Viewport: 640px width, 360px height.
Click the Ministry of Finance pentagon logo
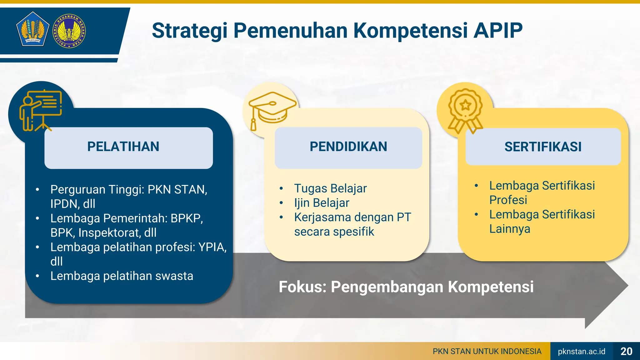[x=32, y=29]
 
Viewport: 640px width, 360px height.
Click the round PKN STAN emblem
[x=69, y=31]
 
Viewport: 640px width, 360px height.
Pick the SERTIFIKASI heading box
[x=543, y=147]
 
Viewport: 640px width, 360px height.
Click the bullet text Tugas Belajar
[x=330, y=188]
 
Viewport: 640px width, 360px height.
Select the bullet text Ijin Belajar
[x=322, y=203]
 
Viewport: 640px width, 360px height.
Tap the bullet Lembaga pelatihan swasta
[x=122, y=276]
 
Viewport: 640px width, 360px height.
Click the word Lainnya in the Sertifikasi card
[x=510, y=229]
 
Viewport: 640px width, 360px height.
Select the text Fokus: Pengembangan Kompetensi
[x=406, y=287]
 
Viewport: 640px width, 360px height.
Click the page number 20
[x=626, y=351]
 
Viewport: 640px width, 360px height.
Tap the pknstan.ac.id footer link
[x=581, y=351]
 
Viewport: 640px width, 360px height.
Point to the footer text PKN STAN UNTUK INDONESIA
[x=487, y=351]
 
